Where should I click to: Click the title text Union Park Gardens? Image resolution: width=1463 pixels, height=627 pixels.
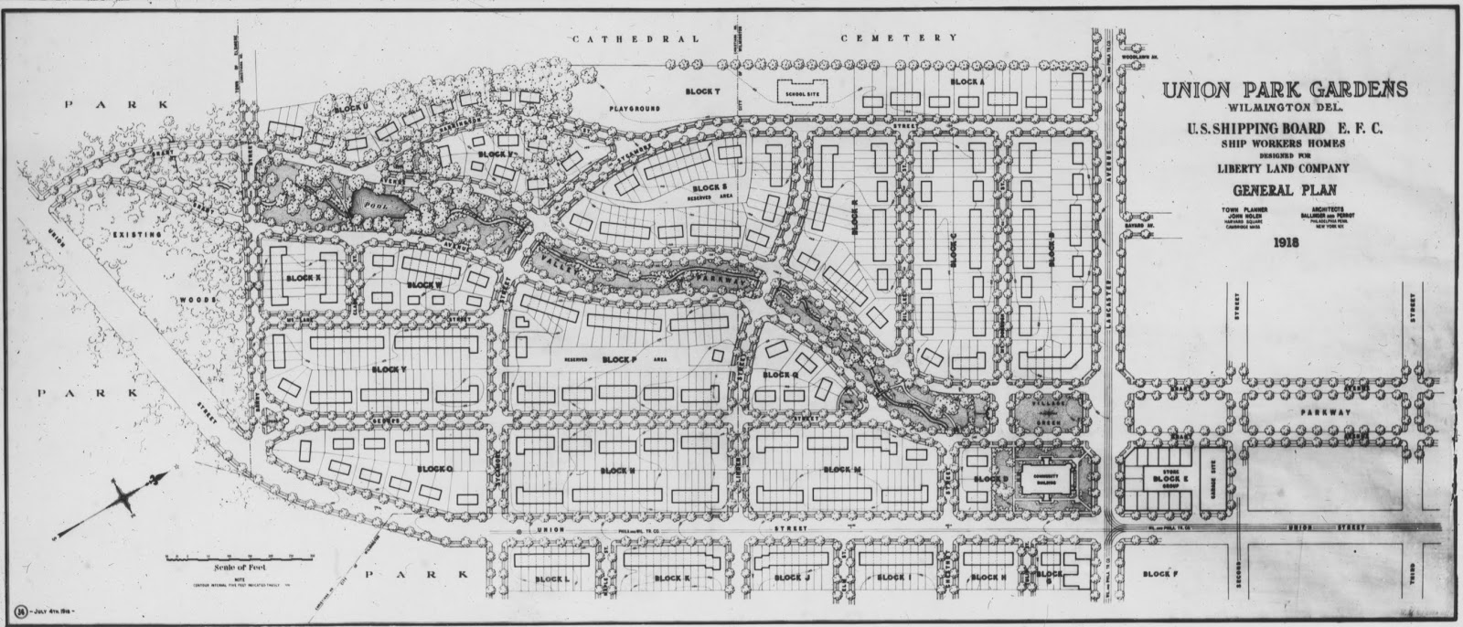(1284, 90)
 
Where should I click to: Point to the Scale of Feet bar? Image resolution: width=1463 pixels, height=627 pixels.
(240, 556)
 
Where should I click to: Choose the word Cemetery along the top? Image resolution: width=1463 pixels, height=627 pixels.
(899, 39)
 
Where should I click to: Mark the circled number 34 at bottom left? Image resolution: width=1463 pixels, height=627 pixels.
(20, 610)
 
